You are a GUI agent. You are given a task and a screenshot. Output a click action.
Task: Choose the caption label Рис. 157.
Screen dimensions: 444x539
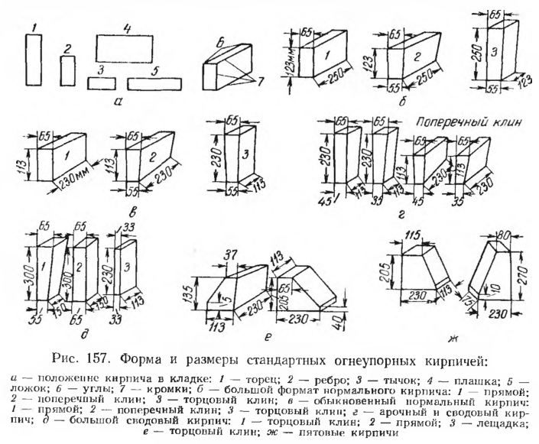[132, 357]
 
